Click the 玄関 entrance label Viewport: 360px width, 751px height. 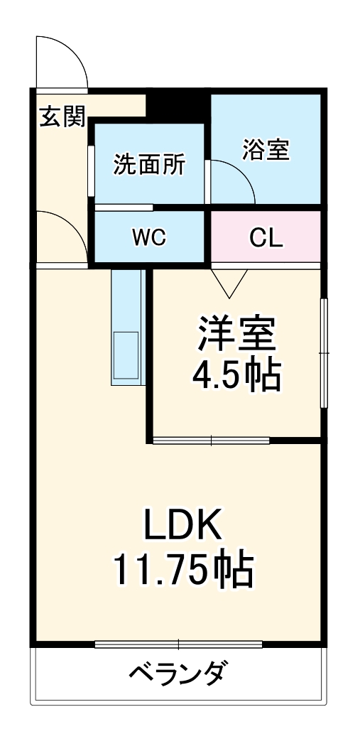(62, 117)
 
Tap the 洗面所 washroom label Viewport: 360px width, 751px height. (149, 165)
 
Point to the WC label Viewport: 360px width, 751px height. (148, 238)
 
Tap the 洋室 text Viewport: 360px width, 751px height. (237, 333)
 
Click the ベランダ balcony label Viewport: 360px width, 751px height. (180, 671)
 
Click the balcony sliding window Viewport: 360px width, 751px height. (179, 644)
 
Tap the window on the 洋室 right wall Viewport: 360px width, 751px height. (324, 352)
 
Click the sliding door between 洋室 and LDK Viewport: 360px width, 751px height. (211, 440)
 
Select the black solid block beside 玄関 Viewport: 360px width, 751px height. (178, 104)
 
